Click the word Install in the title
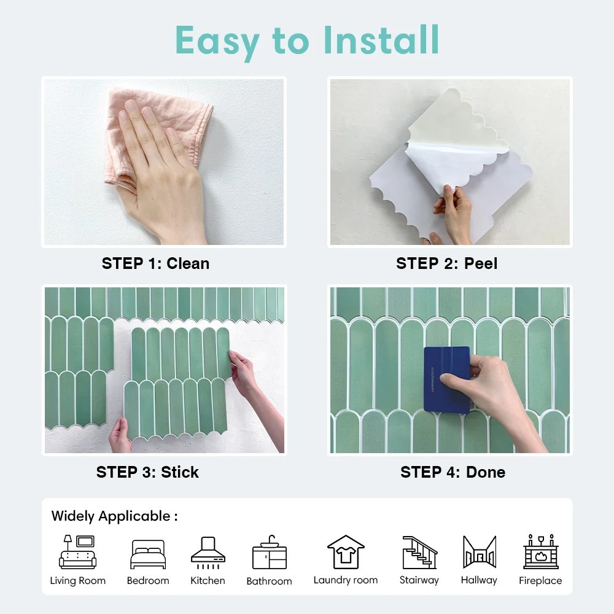coord(381,41)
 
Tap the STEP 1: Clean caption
coord(155,263)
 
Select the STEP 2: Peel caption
coord(446,263)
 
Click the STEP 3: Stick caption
coord(147,472)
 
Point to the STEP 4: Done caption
coord(453,472)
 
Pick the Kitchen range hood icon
coord(208,552)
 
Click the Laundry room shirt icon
coord(346,552)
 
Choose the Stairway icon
coord(419,552)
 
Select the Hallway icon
coord(479,552)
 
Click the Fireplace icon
coord(540,552)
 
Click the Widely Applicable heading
coord(114,516)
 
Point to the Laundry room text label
coord(346,580)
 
